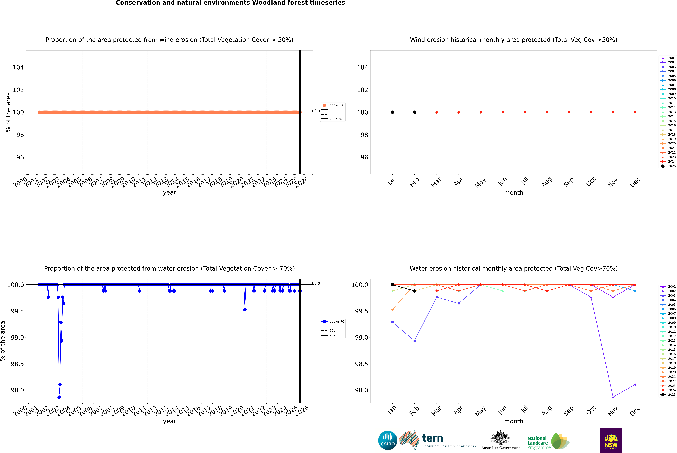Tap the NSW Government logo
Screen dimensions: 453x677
611,440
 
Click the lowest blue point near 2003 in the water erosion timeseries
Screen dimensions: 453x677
59,397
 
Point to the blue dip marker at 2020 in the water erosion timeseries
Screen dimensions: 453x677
245,309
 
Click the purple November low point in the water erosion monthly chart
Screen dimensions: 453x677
613,397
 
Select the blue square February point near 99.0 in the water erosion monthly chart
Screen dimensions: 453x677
414,341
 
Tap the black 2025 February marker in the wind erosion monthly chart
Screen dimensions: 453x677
414,112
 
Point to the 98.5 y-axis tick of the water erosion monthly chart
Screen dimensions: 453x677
361,364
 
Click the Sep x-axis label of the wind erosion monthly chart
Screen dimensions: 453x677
568,182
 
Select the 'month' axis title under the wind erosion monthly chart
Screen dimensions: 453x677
513,193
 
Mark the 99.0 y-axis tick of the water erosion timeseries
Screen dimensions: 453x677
17,337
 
